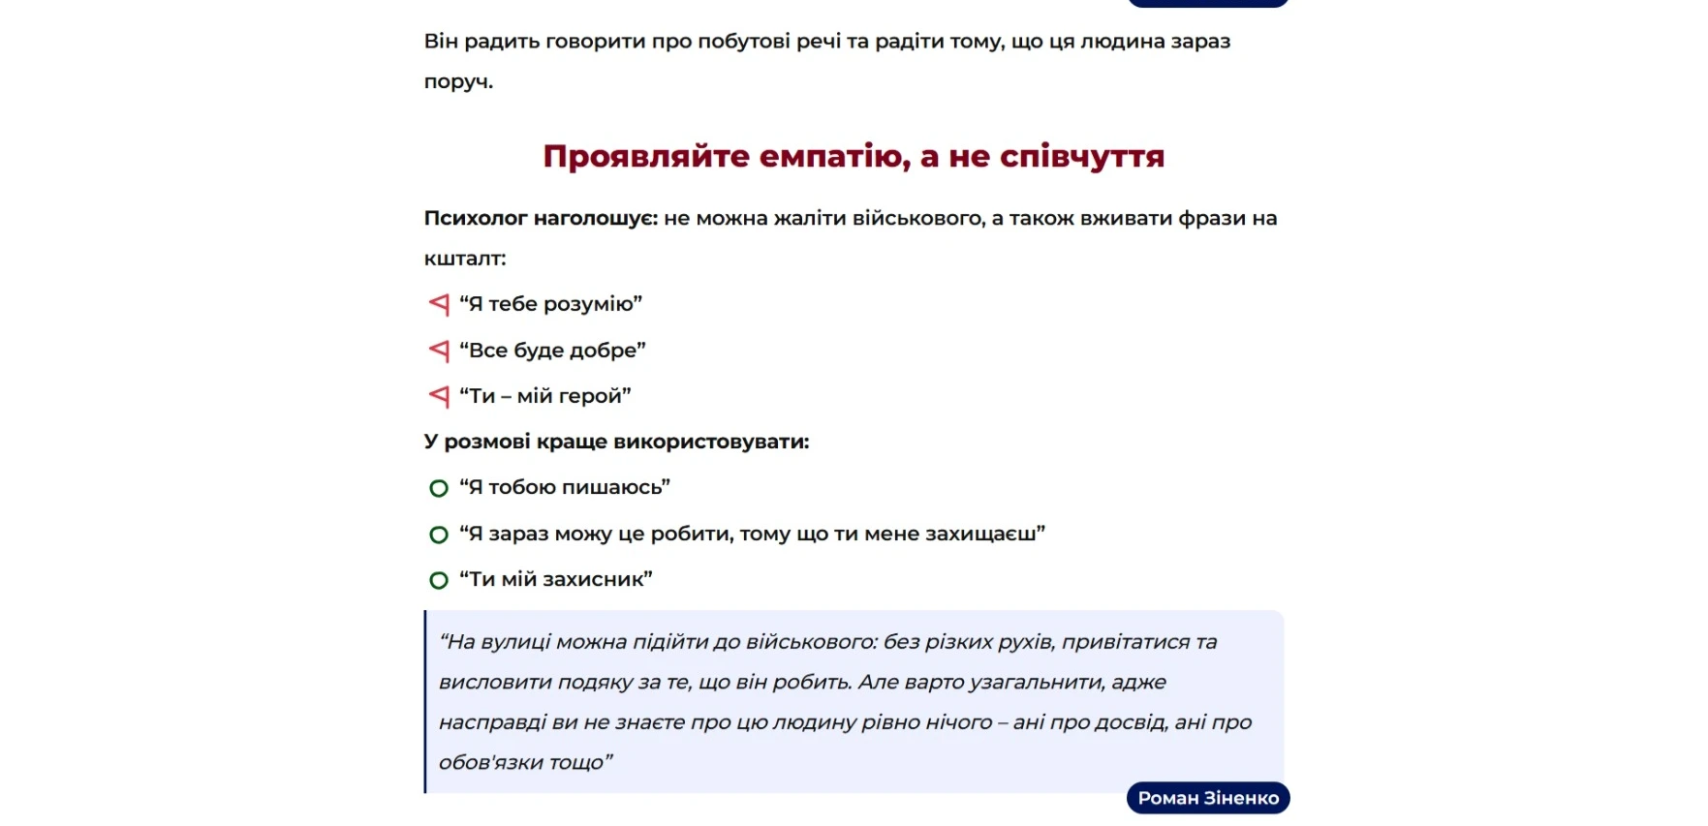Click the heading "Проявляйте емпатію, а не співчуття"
coord(854,156)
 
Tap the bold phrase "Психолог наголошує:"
coord(541,219)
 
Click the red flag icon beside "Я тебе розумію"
coord(439,304)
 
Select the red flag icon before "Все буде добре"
coord(439,350)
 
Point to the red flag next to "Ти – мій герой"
coord(439,396)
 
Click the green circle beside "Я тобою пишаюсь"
coord(439,488)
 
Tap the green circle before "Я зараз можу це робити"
coord(439,535)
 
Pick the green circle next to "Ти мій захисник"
coord(439,580)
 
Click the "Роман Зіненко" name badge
coord(1208,798)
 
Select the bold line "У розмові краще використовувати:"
coord(616,443)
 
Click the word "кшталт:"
coord(465,259)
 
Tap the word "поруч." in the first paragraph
coord(458,82)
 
